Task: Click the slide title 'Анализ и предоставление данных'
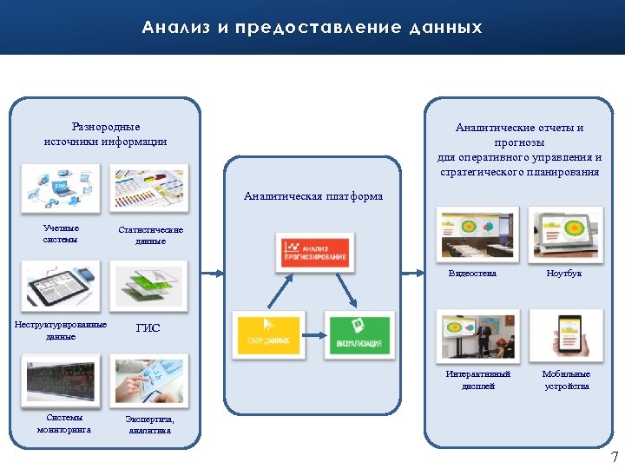click(312, 28)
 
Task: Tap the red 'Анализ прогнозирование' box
click(314, 251)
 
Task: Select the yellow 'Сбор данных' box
click(268, 335)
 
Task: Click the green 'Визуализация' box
click(359, 335)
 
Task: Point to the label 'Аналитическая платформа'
click(313, 196)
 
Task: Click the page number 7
click(614, 457)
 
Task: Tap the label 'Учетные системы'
click(61, 234)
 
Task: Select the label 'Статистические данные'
click(150, 235)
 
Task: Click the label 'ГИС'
click(148, 328)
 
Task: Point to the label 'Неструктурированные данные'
click(61, 330)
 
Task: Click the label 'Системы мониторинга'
click(63, 423)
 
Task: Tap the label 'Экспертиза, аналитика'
click(150, 424)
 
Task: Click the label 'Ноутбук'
click(564, 274)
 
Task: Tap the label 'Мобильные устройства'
click(566, 380)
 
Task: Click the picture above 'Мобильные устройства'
click(566, 336)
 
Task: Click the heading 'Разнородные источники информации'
click(105, 134)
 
